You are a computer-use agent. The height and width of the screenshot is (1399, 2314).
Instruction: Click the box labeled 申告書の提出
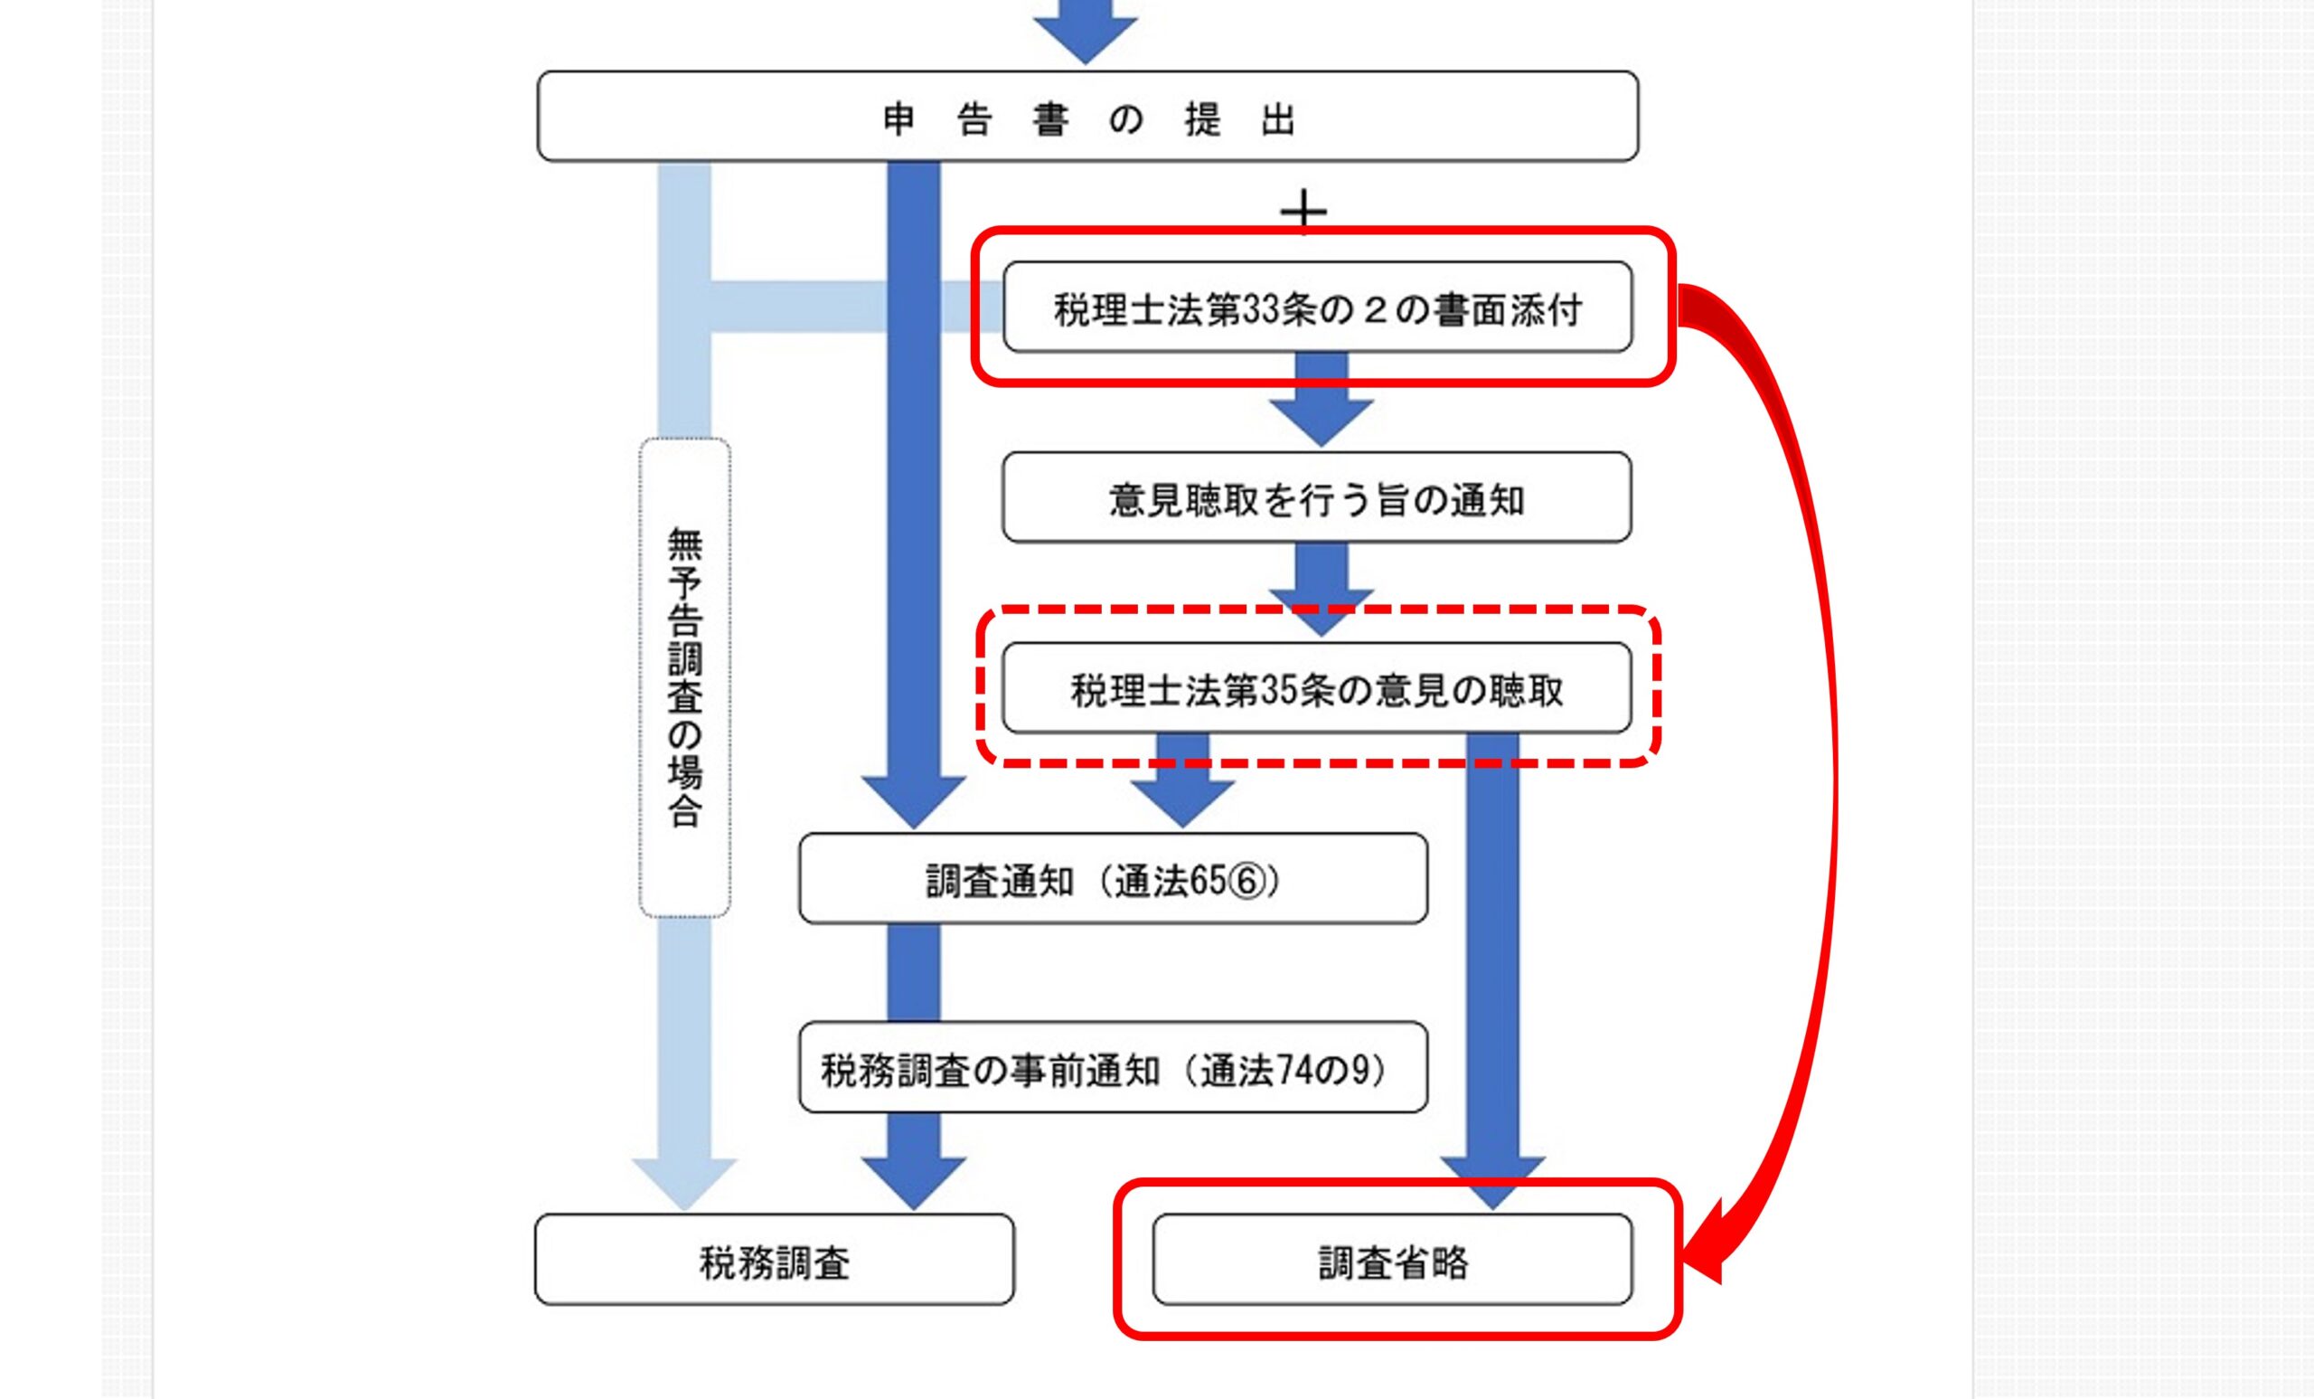click(x=1087, y=118)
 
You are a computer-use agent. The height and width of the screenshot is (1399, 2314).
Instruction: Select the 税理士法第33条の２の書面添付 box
click(x=1317, y=308)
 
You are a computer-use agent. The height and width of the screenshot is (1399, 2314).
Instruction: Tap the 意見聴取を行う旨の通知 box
click(x=1317, y=499)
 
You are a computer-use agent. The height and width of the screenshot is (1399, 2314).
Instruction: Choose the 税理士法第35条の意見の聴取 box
click(x=1317, y=689)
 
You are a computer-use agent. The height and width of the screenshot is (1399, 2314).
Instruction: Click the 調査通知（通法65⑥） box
click(x=1113, y=879)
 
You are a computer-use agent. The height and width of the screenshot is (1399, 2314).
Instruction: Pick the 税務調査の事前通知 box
click(x=1113, y=1069)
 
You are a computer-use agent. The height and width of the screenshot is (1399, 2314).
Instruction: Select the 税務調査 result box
click(x=774, y=1260)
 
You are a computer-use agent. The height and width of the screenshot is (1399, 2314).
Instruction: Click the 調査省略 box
click(x=1392, y=1260)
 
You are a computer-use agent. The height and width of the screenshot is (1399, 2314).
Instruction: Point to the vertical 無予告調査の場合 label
click(x=684, y=676)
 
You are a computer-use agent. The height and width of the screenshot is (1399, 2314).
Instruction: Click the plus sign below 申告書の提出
click(x=1303, y=213)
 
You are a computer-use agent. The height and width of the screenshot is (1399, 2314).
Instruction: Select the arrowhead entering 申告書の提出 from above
click(x=1086, y=33)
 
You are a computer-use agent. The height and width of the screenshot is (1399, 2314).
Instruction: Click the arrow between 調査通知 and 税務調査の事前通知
click(x=914, y=972)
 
